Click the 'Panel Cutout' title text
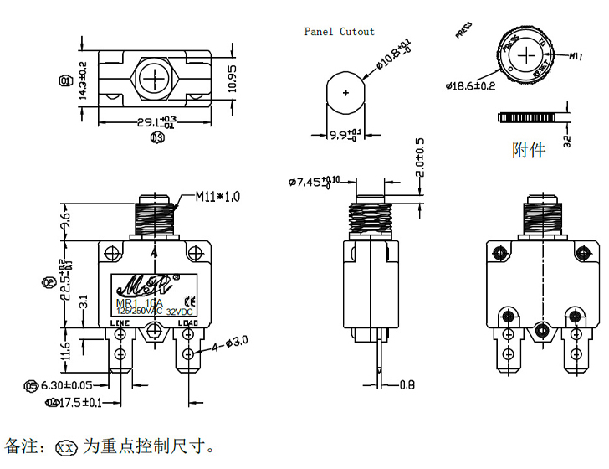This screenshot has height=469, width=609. [x=339, y=32]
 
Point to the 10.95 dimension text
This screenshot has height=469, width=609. [x=234, y=77]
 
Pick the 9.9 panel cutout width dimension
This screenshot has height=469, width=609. [x=345, y=134]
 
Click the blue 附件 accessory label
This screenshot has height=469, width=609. [x=528, y=150]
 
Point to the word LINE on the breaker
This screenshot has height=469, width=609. [x=120, y=323]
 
